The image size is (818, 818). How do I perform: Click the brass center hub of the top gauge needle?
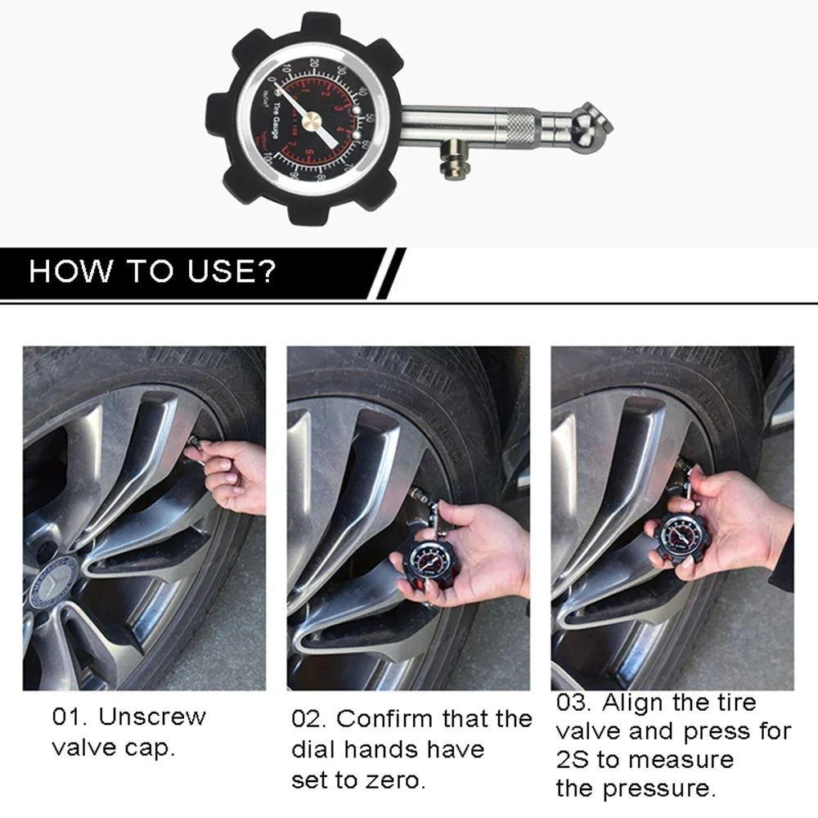pyautogui.click(x=312, y=121)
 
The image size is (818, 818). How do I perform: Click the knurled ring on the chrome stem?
pyautogui.click(x=521, y=128)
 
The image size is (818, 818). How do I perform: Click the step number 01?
pyautogui.click(x=69, y=717)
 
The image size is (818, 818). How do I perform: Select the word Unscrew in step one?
pyautogui.click(x=153, y=717)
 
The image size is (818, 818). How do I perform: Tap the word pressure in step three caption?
pyautogui.click(x=657, y=789)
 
